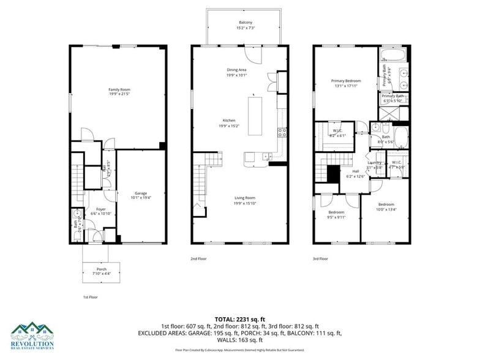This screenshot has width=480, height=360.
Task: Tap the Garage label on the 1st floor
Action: point(141,195)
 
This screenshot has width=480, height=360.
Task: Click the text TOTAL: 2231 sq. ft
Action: point(239,319)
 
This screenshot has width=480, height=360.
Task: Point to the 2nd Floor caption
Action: point(198,259)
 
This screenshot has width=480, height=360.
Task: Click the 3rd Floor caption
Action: point(321,259)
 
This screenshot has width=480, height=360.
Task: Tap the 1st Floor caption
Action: point(91,296)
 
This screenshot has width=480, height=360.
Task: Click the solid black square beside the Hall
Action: point(332,174)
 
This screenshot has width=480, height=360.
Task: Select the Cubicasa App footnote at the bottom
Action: point(239,350)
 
